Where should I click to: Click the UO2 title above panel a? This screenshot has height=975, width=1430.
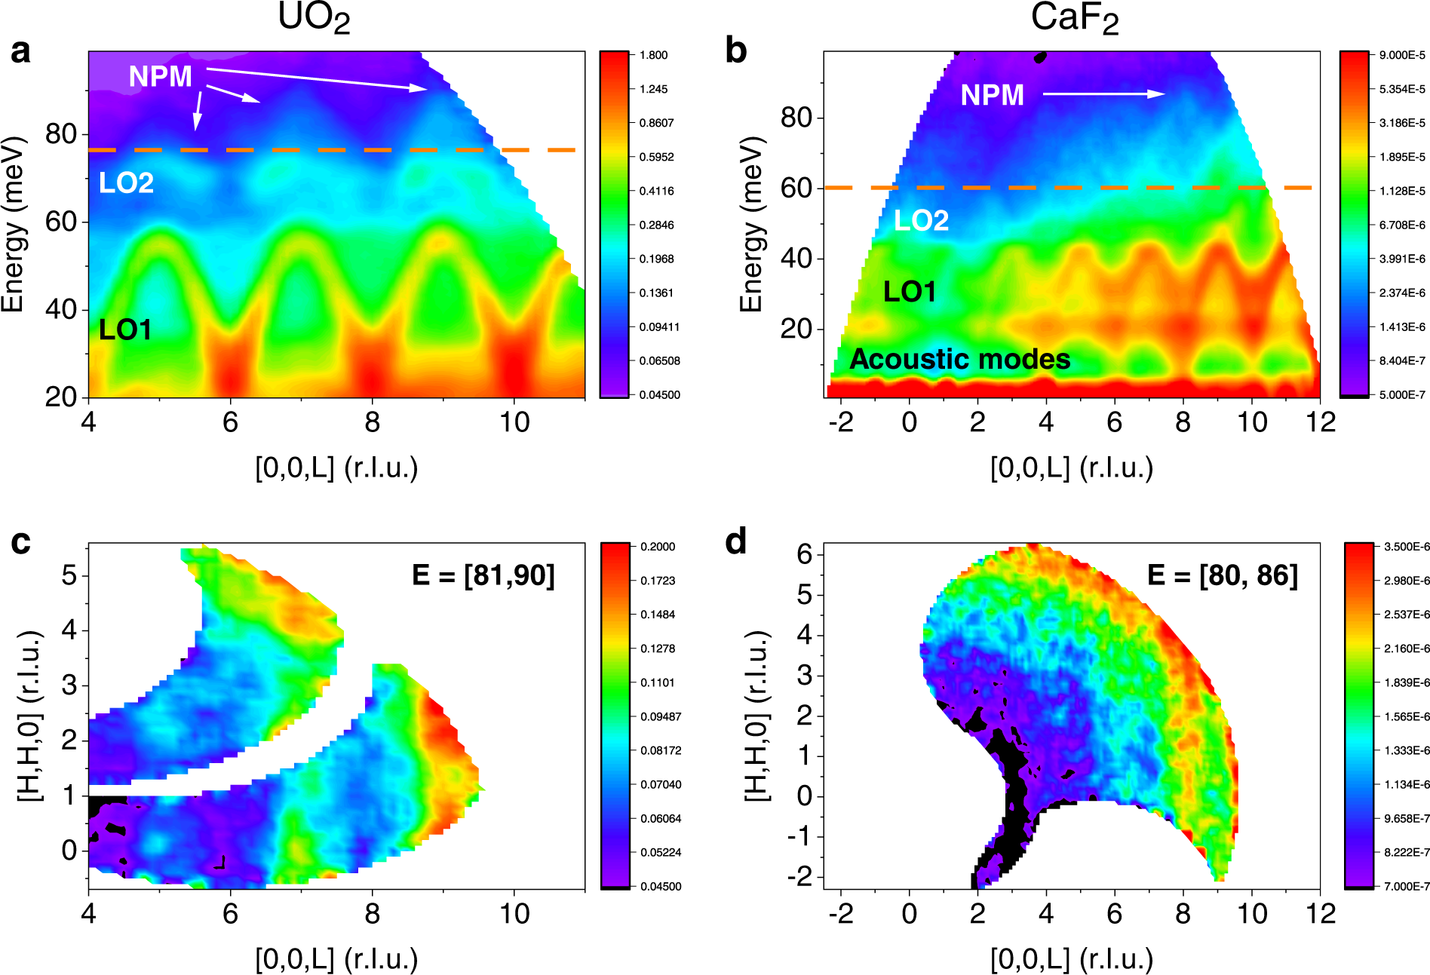point(314,18)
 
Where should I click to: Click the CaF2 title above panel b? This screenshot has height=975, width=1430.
point(1074,18)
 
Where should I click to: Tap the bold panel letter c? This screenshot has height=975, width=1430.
point(20,542)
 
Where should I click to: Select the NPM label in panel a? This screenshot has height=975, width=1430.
point(160,76)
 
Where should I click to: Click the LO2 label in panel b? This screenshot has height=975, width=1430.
point(921,220)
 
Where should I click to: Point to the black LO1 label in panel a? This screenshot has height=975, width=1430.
point(125,330)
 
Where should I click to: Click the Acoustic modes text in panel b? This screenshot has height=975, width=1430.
point(959,359)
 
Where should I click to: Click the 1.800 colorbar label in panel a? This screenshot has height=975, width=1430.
point(653,55)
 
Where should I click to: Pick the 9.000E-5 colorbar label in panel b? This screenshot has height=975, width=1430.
point(1402,55)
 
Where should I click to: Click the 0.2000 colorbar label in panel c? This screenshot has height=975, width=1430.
point(658,547)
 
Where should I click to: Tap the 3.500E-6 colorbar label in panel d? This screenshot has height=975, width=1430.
point(1407,547)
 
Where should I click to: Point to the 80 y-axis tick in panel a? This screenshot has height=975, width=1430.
point(60,134)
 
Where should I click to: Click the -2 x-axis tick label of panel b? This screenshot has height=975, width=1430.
point(840,422)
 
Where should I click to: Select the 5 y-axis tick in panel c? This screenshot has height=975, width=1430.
point(69,575)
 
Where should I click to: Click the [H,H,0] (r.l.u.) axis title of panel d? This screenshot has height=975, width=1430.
point(756,715)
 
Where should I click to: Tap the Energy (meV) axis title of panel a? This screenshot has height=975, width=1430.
point(13,224)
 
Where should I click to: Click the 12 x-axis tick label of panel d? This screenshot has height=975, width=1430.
point(1321,914)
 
